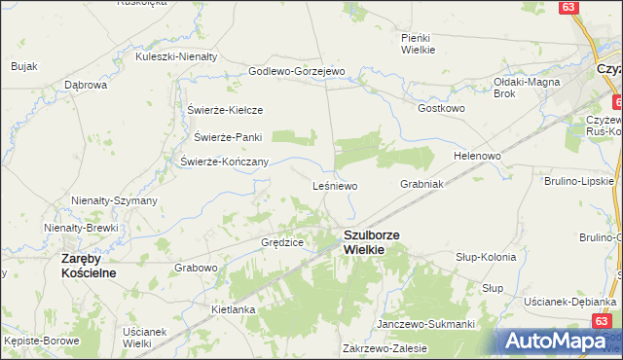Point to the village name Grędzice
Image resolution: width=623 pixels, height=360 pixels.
point(282,241)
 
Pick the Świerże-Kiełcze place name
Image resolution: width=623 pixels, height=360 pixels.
point(226,110)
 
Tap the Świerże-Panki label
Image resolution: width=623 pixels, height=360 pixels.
point(228,137)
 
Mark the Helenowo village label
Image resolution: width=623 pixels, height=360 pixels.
point(477,156)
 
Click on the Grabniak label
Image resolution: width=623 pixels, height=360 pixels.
point(421,183)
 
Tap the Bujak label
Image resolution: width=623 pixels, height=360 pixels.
point(24,66)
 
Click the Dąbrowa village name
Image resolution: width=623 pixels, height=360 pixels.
point(85,85)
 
